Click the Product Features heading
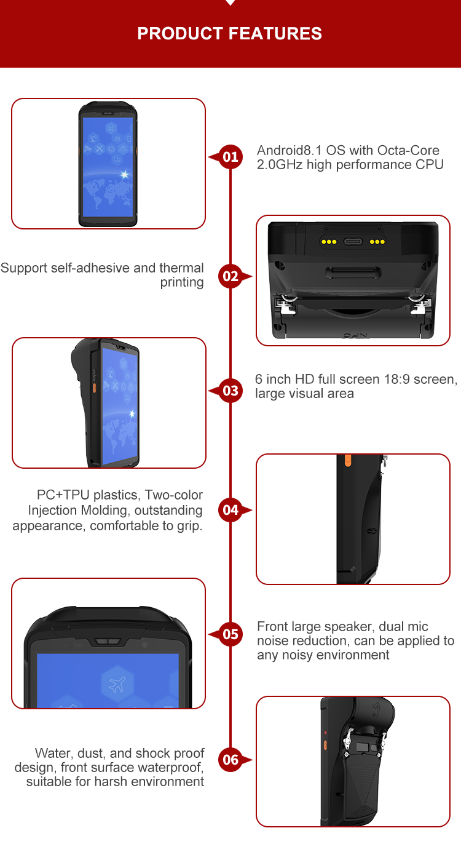[230, 33]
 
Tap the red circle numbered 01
[230, 157]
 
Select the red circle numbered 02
[230, 276]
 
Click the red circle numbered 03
[230, 391]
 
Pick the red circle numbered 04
[230, 510]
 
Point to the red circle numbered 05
[230, 634]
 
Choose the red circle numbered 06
[230, 760]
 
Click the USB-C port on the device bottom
[353, 242]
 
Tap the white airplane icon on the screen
[117, 684]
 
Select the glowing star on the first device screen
[125, 175]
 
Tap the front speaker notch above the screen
[108, 642]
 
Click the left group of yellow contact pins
[329, 242]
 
